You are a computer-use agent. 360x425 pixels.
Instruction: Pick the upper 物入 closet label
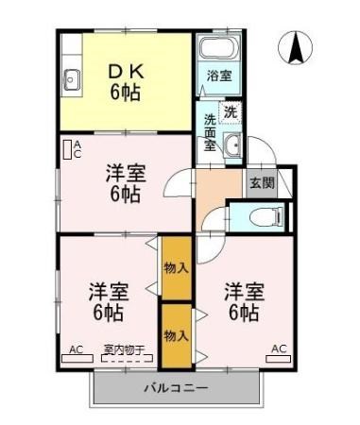click(x=174, y=267)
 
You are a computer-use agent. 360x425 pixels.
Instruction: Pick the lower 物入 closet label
click(x=174, y=335)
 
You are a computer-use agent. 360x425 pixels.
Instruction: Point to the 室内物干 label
click(x=124, y=349)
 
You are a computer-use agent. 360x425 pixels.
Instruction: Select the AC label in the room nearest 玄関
click(x=279, y=349)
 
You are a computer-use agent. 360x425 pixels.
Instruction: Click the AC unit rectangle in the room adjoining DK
click(x=67, y=149)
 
